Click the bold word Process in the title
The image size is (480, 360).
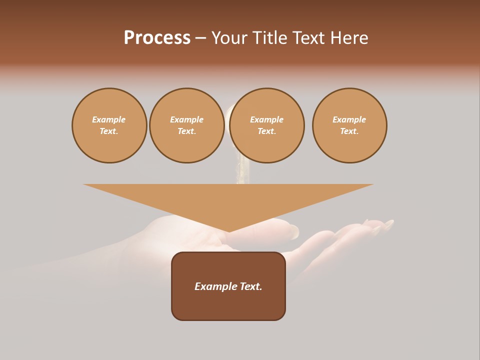click(x=157, y=38)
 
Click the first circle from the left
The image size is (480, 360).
click(x=109, y=125)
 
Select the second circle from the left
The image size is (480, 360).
click(x=187, y=125)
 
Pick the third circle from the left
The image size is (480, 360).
click(x=267, y=125)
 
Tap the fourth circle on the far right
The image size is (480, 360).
click(x=349, y=125)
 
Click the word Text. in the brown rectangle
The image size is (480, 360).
click(x=251, y=286)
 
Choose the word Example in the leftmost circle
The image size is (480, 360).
click(x=109, y=120)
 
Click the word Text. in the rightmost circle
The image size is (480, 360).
click(x=349, y=131)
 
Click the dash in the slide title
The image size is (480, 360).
click(x=200, y=38)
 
